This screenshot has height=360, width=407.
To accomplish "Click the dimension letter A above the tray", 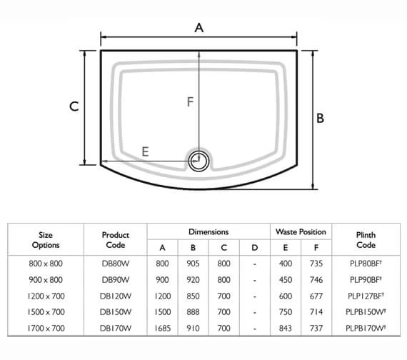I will pyautogui.click(x=199, y=27).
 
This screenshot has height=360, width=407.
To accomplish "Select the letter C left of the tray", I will pyautogui.click(x=74, y=107).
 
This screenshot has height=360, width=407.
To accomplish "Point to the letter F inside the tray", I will pyautogui.click(x=190, y=102).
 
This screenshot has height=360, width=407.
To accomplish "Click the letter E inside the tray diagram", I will pyautogui.click(x=145, y=151).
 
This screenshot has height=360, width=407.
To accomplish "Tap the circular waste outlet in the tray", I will pyautogui.click(x=199, y=161).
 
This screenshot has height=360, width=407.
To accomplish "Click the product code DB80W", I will pyautogui.click(x=115, y=263).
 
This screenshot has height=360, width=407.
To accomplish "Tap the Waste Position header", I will pyautogui.click(x=301, y=232).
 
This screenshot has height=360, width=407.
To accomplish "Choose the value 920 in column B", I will pyautogui.click(x=193, y=279).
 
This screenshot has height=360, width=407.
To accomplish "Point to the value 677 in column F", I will pyautogui.click(x=316, y=294).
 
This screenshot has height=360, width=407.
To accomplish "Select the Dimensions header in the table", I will pyautogui.click(x=208, y=232).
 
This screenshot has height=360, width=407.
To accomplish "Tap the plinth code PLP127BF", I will pyautogui.click(x=366, y=294).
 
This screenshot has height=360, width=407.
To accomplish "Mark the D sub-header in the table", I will pyautogui.click(x=254, y=248).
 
